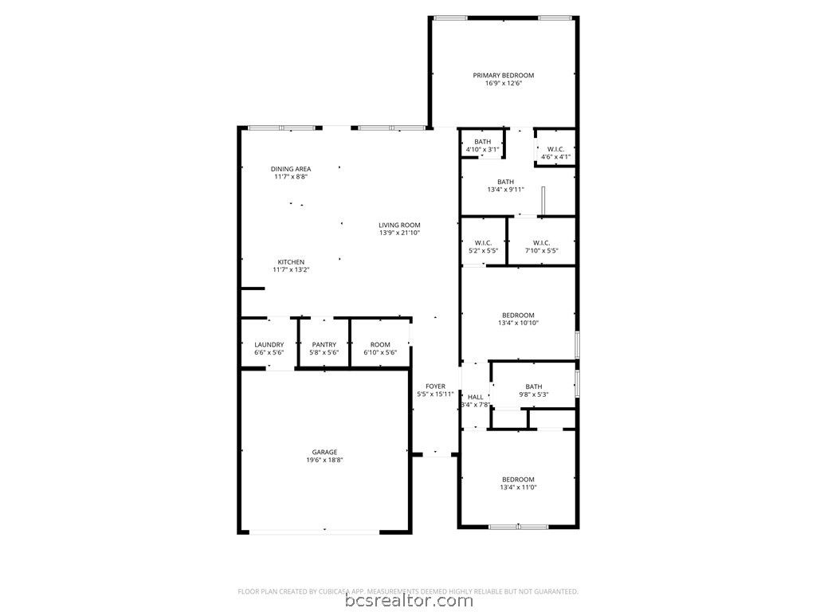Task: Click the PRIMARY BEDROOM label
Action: click(x=504, y=76)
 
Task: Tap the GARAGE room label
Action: click(x=324, y=452)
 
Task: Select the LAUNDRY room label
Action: click(x=269, y=345)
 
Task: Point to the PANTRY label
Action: click(x=324, y=345)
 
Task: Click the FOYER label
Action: click(x=435, y=386)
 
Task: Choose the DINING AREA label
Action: click(x=291, y=169)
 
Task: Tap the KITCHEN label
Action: click(x=291, y=262)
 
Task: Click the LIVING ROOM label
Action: click(x=399, y=225)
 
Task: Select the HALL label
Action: click(x=475, y=397)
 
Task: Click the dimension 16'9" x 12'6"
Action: click(x=504, y=84)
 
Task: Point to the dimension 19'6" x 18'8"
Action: click(x=324, y=460)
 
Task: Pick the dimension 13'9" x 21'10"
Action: click(x=399, y=233)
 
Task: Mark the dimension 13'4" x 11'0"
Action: click(x=518, y=487)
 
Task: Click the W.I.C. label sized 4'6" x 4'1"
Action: click(x=555, y=149)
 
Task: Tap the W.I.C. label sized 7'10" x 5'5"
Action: click(x=541, y=243)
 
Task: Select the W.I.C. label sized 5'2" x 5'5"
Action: click(x=483, y=243)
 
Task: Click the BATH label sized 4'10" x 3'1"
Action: click(x=483, y=142)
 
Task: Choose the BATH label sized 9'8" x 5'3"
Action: click(x=533, y=386)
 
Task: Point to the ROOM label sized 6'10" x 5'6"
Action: click(x=380, y=345)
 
